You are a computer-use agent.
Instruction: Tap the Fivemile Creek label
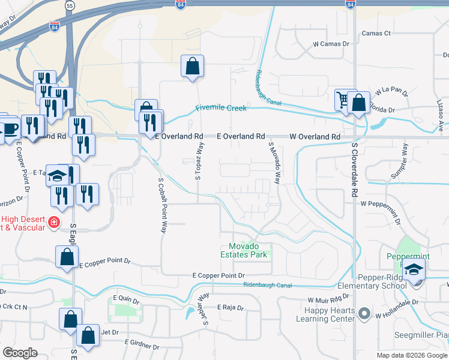(x=220, y=109)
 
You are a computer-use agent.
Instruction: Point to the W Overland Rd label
(x=315, y=137)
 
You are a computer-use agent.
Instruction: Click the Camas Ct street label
(x=376, y=33)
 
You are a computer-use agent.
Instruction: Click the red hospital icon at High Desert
(x=54, y=223)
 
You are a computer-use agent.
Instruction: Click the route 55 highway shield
(x=70, y=5)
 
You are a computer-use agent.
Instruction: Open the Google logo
(x=20, y=352)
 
